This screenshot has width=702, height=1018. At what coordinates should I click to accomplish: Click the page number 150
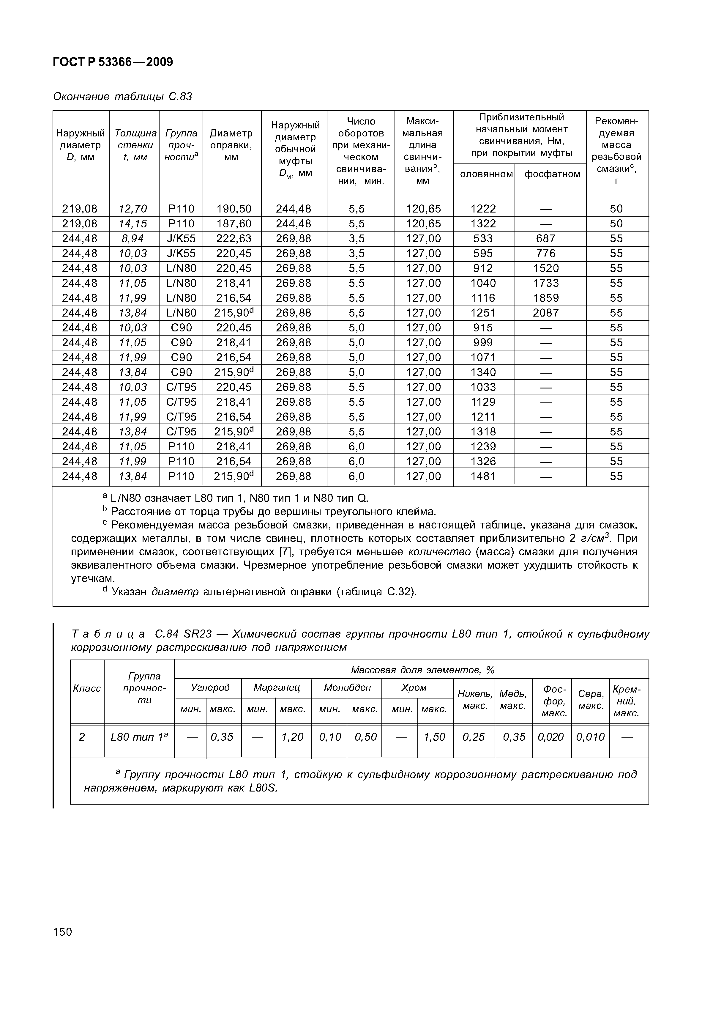(x=62, y=932)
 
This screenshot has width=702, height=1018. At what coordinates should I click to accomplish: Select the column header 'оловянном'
(x=486, y=174)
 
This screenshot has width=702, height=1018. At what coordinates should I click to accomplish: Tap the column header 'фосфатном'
(x=552, y=174)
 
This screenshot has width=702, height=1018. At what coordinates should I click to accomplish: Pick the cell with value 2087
(x=546, y=313)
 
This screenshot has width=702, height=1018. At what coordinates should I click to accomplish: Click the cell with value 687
(x=546, y=238)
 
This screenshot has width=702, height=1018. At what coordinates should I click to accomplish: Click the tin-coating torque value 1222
(x=483, y=209)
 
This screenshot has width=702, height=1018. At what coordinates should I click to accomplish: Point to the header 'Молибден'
(x=347, y=687)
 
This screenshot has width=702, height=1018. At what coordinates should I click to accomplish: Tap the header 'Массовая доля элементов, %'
(x=422, y=670)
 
